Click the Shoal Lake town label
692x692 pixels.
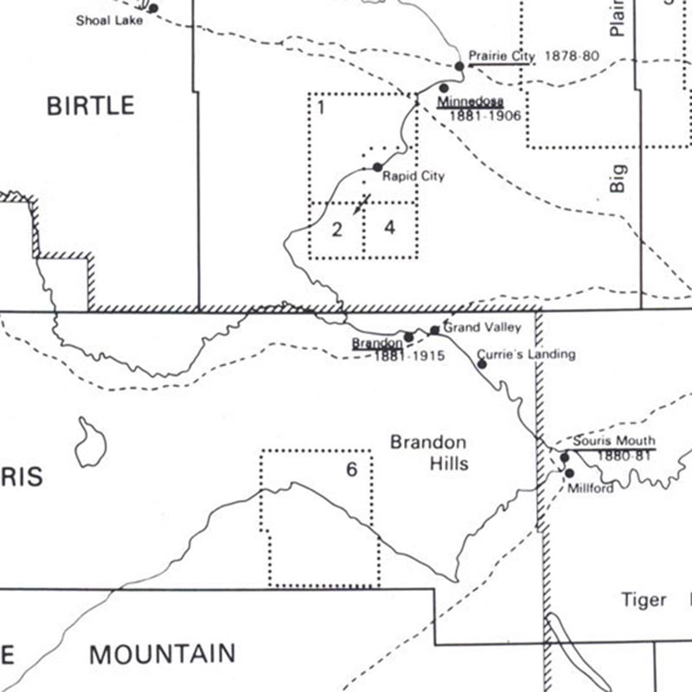point(108,20)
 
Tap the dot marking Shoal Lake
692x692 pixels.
point(153,9)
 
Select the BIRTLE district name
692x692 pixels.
point(90,106)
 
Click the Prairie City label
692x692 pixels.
point(502,56)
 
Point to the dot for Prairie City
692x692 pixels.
point(460,66)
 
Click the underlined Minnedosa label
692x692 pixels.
point(471,102)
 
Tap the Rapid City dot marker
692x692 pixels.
point(377,167)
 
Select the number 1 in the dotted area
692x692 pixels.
point(321,108)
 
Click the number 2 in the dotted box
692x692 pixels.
point(337,229)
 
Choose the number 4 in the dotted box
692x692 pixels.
point(390,227)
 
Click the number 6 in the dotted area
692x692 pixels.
point(351,470)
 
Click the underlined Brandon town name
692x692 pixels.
point(376,343)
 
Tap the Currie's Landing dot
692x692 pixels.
point(482,364)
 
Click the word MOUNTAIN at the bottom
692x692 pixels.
point(162,654)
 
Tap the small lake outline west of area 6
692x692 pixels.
point(90,444)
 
